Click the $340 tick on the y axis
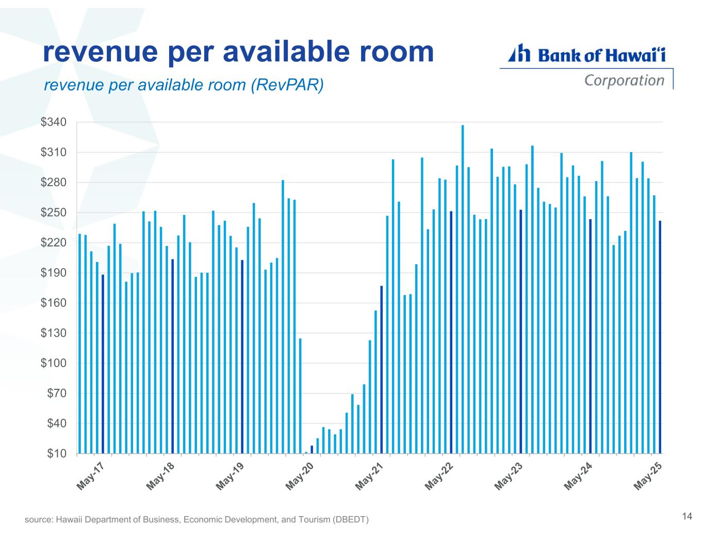[x=53, y=123]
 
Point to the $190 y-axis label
[x=53, y=273]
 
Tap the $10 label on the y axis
[x=56, y=454]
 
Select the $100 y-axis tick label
[x=53, y=364]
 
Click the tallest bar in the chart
[x=463, y=289]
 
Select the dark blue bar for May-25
[x=660, y=337]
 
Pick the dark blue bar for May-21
[x=382, y=370]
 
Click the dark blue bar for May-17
[x=103, y=364]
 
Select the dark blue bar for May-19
[x=242, y=357]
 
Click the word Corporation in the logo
[x=624, y=80]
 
